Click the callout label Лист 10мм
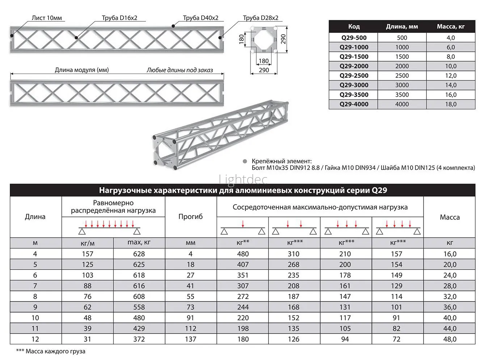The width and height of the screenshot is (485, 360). pos(47,18)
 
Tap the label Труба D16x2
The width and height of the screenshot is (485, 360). pos(119,18)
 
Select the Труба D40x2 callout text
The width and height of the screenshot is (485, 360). pos(201,18)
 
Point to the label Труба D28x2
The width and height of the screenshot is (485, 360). pos(261,18)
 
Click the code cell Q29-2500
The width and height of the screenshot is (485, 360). pos(354,76)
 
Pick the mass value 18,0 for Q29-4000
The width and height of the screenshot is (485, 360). pos(451,104)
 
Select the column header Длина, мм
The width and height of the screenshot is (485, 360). pos(402,26)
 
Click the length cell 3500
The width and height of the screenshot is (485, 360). pos(402,95)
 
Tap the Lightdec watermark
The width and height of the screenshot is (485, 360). pos(243,179)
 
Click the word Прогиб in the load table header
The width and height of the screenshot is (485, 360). pos(190,217)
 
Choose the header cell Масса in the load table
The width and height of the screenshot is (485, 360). pos(450,217)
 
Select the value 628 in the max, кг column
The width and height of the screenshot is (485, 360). pos(139,254)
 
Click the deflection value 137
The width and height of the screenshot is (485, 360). pos(190,339)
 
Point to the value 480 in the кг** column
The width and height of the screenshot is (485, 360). pos(243,254)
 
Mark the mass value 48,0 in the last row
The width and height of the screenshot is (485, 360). pos(450,339)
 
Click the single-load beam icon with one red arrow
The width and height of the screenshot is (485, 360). pos(243,228)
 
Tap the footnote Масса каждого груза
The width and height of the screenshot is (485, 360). pos(51,351)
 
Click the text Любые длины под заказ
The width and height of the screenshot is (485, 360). pos(180,70)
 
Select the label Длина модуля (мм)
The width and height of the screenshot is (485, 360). pos(82,70)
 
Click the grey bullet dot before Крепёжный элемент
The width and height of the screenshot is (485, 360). pos(245,161)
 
